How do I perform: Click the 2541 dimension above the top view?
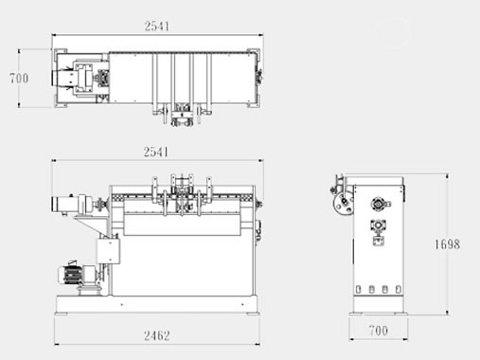click(157, 26)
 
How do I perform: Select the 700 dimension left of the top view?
click(19, 78)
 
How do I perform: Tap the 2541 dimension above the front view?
click(156, 153)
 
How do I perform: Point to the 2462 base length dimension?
click(157, 335)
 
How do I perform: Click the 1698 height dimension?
click(447, 244)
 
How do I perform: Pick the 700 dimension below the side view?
click(379, 331)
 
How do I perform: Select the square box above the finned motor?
click(108, 251)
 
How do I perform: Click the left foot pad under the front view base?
click(62, 314)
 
